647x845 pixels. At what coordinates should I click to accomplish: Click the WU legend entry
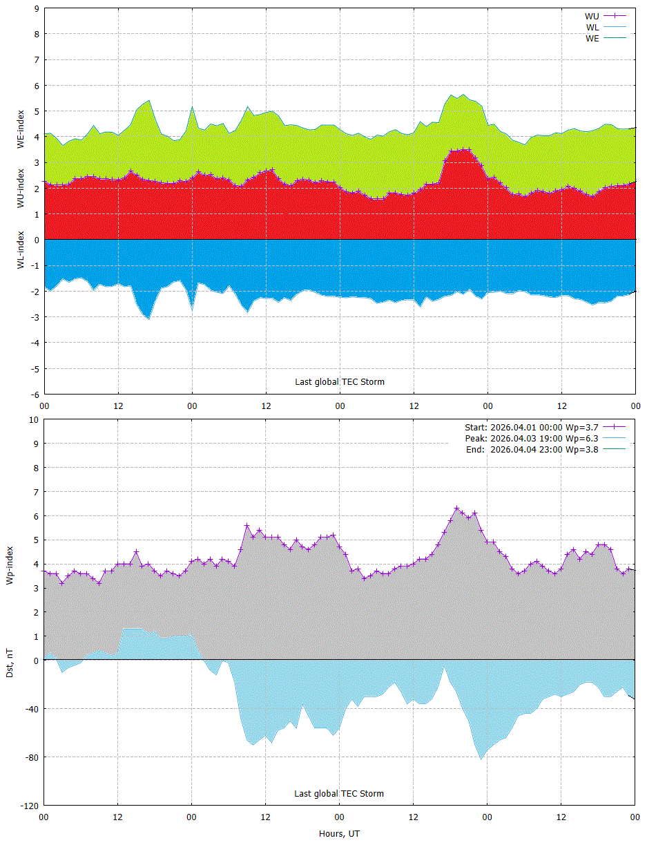(x=605, y=16)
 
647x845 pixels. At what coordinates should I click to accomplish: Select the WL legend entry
(x=606, y=27)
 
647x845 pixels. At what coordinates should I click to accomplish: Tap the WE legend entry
(x=606, y=38)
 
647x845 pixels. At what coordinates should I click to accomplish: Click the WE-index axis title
(x=21, y=129)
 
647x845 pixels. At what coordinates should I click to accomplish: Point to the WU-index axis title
(x=21, y=188)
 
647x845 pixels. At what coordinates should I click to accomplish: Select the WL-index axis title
(x=21, y=250)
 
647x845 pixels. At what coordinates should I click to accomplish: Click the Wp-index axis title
(x=10, y=565)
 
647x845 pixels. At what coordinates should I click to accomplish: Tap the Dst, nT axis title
(x=10, y=663)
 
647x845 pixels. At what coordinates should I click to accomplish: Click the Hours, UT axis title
(x=339, y=834)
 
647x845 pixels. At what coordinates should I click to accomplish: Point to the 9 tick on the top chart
(x=37, y=8)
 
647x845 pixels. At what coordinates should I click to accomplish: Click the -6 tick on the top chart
(x=35, y=395)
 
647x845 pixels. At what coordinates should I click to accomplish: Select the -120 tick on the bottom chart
(x=30, y=806)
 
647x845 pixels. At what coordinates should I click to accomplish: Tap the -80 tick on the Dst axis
(x=32, y=758)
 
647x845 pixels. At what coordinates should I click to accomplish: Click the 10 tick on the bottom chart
(x=35, y=420)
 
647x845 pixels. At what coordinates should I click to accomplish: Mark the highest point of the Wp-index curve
(x=457, y=509)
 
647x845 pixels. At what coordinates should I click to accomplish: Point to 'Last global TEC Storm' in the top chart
(x=340, y=382)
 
